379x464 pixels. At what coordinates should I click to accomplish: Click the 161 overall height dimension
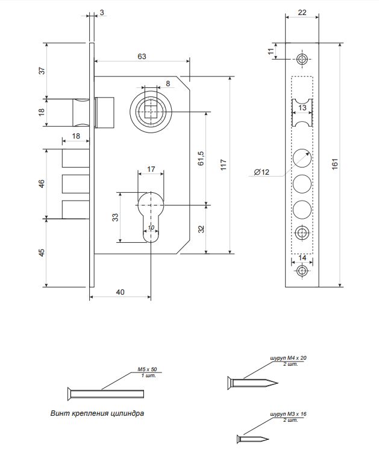coord(335,164)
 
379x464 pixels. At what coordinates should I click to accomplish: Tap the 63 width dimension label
coord(142,56)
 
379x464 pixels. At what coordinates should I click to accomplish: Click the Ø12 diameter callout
coord(262,172)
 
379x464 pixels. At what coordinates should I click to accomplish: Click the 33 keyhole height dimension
coord(114,218)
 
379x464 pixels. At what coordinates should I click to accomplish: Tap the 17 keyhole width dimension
coord(151,169)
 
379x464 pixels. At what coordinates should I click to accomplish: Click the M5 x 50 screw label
coord(148,369)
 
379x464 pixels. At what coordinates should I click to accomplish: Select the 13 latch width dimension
coord(302,107)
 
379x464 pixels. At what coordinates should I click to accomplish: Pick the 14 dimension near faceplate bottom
coord(302,257)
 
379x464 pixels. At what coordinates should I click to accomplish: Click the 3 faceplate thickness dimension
coord(101,13)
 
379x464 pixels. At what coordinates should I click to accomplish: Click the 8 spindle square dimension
coord(167,83)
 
